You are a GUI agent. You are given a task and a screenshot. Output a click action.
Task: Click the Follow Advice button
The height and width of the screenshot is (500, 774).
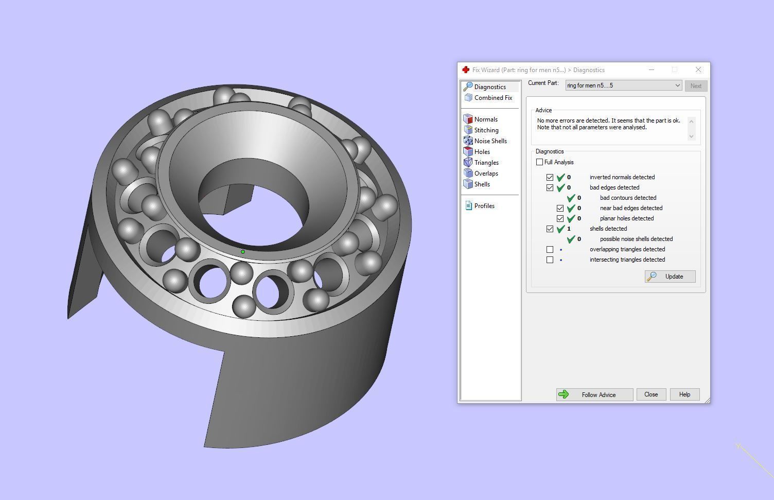point(594,394)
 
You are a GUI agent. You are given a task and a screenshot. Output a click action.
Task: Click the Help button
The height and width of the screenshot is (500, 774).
point(684,394)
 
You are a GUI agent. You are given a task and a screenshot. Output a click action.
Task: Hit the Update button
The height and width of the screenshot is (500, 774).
point(670,277)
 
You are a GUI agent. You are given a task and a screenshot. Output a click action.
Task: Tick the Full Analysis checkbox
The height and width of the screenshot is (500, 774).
point(540,162)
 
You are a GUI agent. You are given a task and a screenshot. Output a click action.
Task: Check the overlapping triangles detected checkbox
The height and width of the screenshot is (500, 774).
point(550,249)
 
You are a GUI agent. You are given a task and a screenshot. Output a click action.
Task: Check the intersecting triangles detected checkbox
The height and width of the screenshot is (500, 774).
point(550,260)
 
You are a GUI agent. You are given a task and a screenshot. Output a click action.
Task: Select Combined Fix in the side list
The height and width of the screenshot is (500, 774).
point(492,98)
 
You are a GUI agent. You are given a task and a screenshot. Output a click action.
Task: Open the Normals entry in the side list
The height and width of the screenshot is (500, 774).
point(485,119)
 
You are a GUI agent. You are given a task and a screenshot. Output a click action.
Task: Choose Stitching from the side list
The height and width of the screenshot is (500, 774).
point(486,130)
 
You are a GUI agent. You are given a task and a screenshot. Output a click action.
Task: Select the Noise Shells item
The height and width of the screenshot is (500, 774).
point(490,141)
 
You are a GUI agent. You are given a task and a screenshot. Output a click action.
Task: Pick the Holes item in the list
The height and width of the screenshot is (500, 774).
point(482,152)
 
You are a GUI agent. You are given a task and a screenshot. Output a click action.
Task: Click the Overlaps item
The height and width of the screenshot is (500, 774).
point(486,174)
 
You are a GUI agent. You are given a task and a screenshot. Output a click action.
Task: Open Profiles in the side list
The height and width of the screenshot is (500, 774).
point(484,206)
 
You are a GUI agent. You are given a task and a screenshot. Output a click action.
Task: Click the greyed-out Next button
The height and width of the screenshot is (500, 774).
point(696,86)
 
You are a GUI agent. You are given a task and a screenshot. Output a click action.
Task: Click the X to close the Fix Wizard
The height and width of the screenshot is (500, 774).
point(698,70)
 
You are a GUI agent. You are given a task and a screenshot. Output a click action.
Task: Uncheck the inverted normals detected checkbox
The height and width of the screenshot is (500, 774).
point(550,177)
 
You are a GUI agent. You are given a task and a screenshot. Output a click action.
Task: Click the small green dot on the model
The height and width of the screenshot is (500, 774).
point(243,252)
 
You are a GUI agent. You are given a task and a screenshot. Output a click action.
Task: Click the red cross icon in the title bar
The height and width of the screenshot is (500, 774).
point(466,70)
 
